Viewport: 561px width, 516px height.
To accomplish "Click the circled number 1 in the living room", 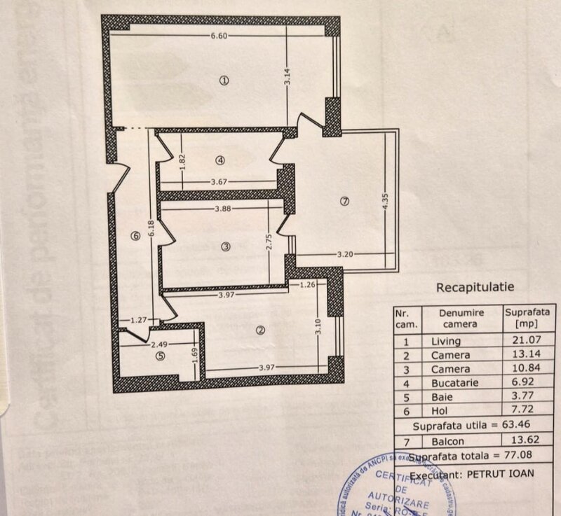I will tap(224, 81).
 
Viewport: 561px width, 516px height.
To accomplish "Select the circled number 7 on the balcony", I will tap(343, 202).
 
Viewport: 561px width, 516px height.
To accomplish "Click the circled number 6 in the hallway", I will tap(136, 236).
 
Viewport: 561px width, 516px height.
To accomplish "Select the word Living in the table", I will tap(446, 341).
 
